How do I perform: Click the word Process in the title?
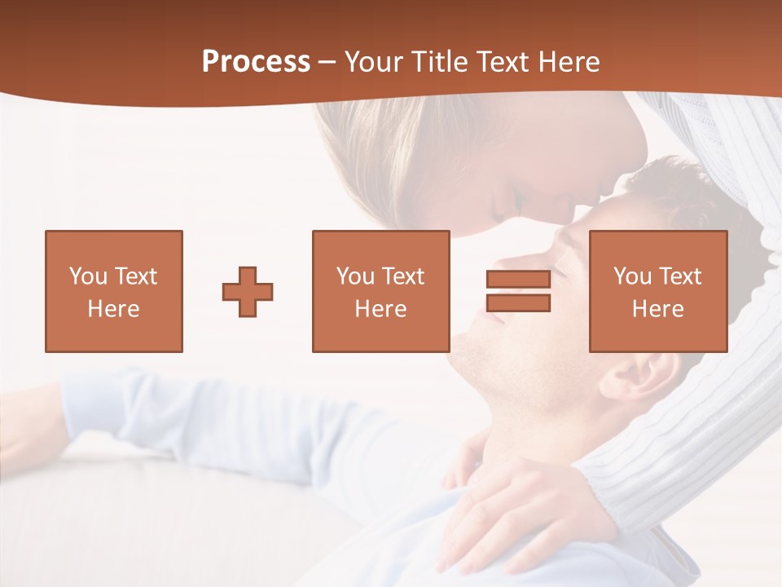(256, 62)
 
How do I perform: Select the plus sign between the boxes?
(248, 292)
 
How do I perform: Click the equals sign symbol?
(518, 292)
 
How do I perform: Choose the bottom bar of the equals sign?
(518, 303)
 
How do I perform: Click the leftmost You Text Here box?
(114, 292)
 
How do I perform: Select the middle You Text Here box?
(380, 292)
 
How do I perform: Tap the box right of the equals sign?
(657, 292)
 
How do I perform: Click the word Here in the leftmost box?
(114, 309)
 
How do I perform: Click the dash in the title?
(327, 62)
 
